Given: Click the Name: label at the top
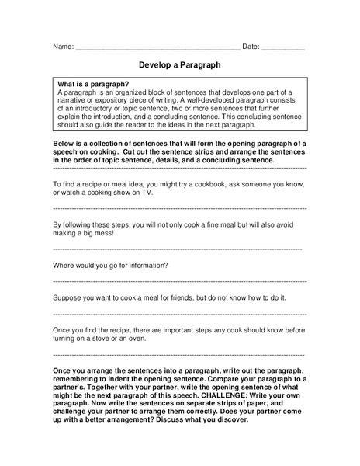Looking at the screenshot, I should [x=63, y=47].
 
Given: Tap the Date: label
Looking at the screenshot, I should [x=251, y=47].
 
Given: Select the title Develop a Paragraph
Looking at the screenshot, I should [x=179, y=66].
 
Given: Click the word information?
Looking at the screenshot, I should [x=144, y=266].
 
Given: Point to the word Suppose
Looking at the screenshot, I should [x=67, y=297].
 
